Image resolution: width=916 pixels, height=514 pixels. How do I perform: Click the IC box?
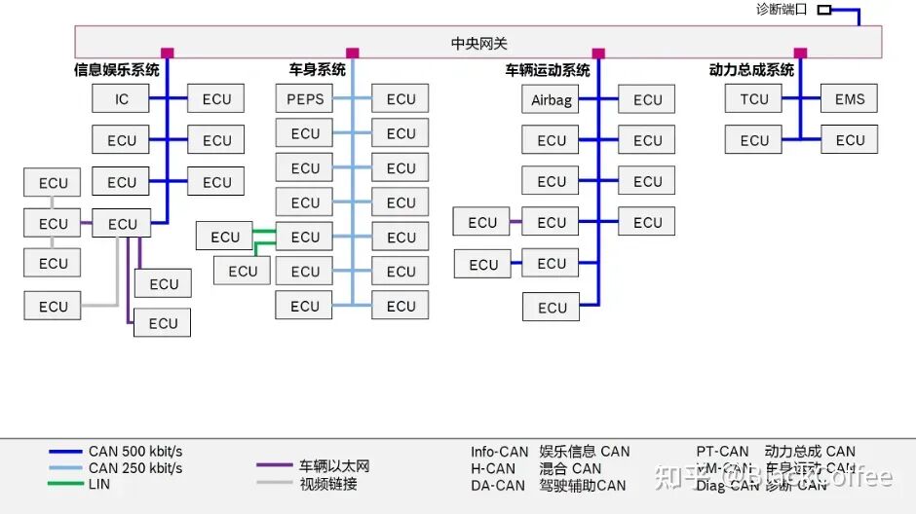point(121,98)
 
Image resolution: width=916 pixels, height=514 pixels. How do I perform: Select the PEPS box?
point(305,98)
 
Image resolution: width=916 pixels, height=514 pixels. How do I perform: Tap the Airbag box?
point(551,99)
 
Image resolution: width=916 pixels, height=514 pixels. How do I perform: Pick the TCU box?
point(753,98)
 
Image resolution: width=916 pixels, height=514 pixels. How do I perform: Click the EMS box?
point(849,98)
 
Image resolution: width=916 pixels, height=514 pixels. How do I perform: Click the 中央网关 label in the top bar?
point(478,44)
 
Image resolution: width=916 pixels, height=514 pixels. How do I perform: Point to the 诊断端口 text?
point(782,10)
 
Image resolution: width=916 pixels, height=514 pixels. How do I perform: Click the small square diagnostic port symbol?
point(823,10)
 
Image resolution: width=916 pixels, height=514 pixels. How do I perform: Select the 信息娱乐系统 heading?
point(117,70)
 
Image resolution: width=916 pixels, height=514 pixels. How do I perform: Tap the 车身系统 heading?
point(317,70)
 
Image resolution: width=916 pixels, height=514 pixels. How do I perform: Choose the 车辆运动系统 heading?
point(547,70)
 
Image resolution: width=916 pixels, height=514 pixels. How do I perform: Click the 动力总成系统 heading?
point(751,70)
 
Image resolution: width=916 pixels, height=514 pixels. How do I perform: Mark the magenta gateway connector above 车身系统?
point(352,54)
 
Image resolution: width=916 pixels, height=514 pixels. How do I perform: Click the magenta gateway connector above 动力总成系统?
point(800,54)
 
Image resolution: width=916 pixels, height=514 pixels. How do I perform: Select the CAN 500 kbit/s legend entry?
point(134,452)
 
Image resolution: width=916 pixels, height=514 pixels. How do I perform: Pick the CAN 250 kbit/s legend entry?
point(134,468)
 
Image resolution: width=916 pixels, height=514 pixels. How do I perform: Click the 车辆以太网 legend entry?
point(334,466)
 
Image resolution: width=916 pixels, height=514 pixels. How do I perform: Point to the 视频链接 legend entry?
point(327,483)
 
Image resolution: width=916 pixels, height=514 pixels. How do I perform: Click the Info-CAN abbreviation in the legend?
point(499,452)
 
